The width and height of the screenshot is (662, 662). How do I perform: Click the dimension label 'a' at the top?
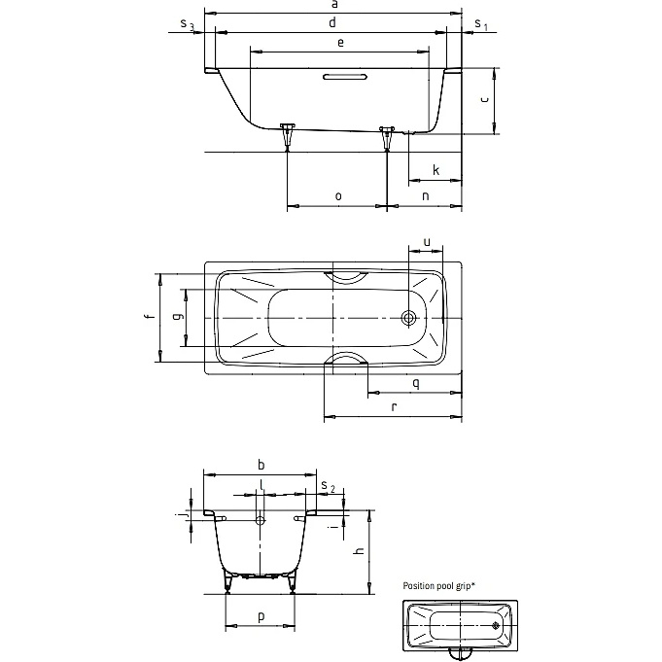click(334, 5)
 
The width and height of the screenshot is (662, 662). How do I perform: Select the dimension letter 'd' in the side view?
click(332, 22)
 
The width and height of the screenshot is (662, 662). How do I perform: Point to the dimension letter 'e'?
click(340, 43)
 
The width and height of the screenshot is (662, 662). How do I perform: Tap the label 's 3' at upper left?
click(187, 24)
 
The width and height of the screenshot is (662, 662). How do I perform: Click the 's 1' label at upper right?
click(480, 24)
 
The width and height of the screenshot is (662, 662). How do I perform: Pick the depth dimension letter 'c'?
click(484, 99)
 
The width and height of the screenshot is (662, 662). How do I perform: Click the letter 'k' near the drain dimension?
click(436, 170)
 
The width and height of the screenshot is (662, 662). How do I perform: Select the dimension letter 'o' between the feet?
click(338, 196)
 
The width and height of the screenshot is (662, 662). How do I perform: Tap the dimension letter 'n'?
click(426, 196)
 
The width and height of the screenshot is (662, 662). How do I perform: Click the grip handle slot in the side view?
click(345, 77)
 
